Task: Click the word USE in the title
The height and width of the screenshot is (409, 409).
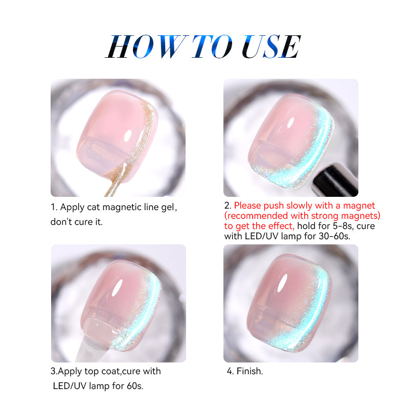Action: coord(271,47)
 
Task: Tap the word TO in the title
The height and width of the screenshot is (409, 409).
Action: coord(212,47)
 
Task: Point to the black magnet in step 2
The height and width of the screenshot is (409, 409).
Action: coord(335,180)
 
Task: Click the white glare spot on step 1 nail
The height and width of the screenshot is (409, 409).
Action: coord(128,135)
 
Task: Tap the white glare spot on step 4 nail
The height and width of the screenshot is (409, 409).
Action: coord(283,283)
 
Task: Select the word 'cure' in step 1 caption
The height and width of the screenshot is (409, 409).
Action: coord(83,222)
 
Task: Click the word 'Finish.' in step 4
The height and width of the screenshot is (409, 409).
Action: coord(249,371)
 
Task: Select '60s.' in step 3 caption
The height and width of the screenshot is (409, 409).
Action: coord(135,386)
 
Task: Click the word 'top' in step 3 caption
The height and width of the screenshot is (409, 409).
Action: coord(92,372)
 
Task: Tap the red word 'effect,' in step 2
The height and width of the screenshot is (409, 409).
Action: coord(282,226)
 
